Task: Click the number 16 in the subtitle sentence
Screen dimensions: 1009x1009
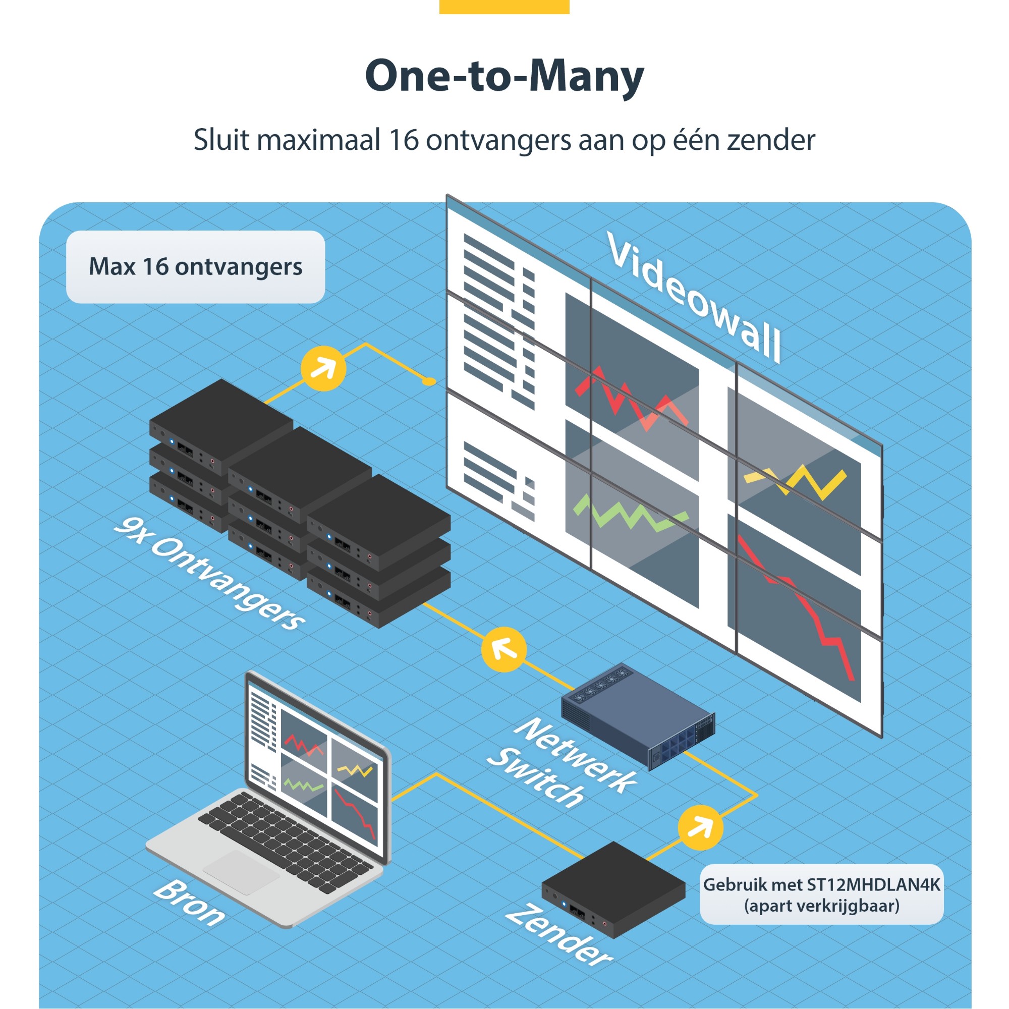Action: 403,140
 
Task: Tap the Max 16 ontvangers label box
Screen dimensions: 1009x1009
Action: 195,267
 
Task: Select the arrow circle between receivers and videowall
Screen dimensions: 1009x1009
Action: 324,369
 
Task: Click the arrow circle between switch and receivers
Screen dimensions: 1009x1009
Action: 503,650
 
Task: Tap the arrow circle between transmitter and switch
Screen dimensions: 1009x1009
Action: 700,828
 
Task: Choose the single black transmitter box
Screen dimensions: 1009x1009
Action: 613,888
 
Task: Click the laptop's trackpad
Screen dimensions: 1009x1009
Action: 241,872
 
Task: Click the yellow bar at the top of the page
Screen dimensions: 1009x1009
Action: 504,6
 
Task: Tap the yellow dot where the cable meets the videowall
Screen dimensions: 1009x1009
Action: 429,382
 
